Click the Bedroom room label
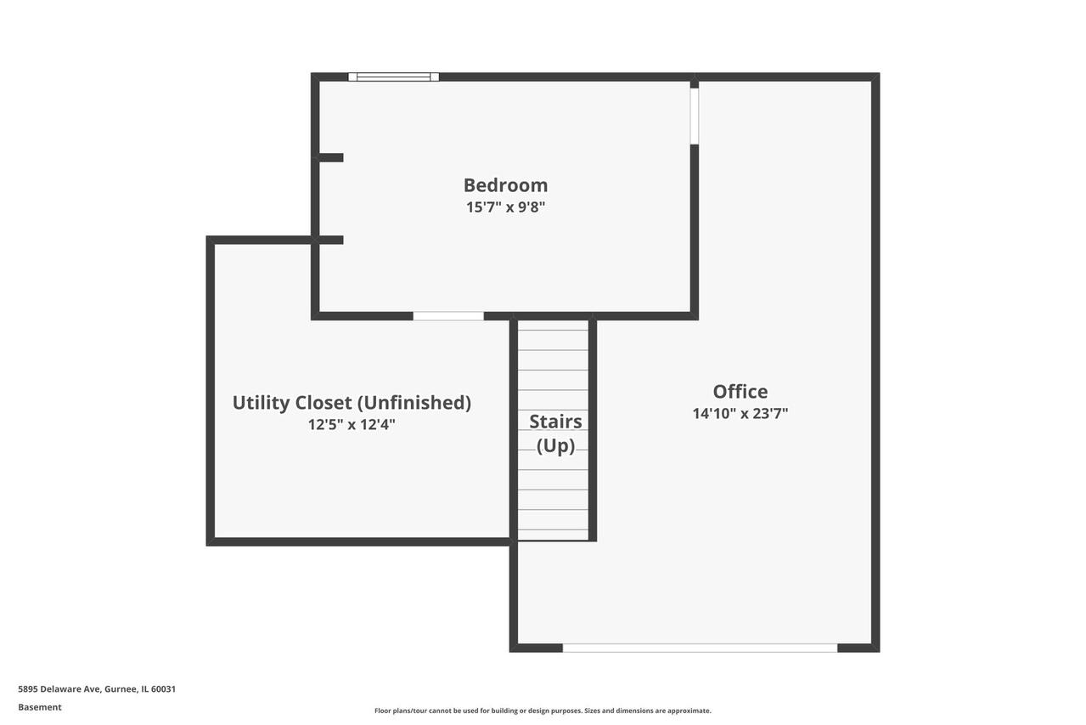click(506, 185)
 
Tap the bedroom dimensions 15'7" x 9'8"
click(506, 207)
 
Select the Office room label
click(740, 391)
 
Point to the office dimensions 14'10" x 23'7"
click(740, 413)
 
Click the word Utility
click(262, 403)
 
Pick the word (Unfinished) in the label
click(414, 403)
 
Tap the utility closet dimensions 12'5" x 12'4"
click(352, 425)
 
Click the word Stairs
click(555, 422)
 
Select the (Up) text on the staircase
click(555, 445)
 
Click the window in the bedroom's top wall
click(394, 76)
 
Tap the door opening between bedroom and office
click(695, 116)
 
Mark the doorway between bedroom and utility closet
click(448, 316)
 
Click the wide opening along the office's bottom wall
click(700, 648)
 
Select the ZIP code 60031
click(163, 689)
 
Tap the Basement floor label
click(40, 707)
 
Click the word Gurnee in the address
click(121, 689)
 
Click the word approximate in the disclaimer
click(689, 711)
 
